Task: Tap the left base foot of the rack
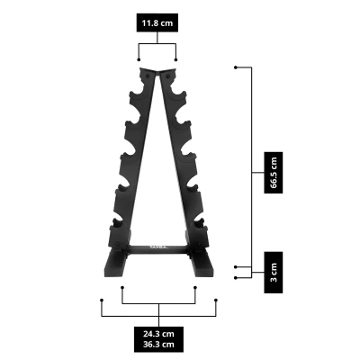click(x=115, y=267)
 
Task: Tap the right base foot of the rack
click(x=200, y=267)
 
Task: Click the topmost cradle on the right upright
click(x=176, y=91)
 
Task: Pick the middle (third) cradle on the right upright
click(x=191, y=158)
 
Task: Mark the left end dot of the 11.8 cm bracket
click(x=139, y=60)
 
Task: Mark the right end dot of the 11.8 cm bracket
click(x=176, y=60)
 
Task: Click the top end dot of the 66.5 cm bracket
click(x=235, y=67)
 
